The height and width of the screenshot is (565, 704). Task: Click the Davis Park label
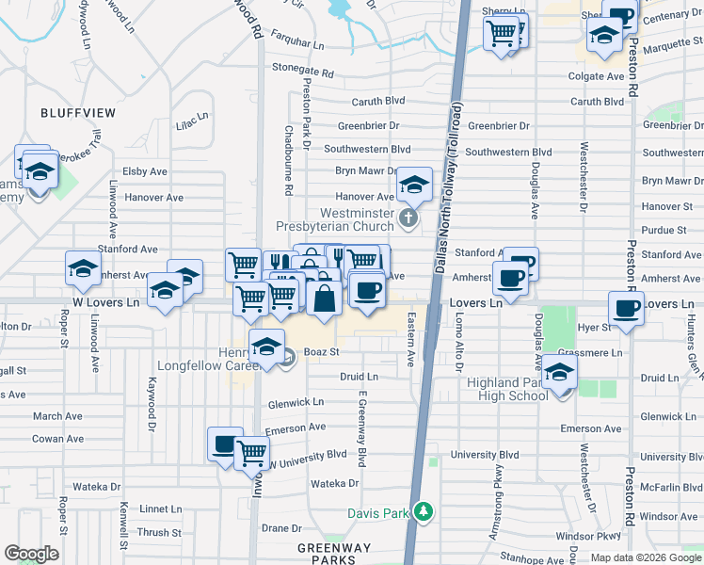click(380, 513)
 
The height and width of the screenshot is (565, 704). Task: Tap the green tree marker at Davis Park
click(424, 512)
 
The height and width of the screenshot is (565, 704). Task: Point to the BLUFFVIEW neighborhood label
click(78, 113)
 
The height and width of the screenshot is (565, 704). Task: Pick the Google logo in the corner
click(31, 554)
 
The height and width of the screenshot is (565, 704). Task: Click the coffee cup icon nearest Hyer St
click(626, 308)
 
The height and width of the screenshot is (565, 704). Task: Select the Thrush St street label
click(159, 532)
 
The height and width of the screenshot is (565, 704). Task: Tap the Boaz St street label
click(320, 351)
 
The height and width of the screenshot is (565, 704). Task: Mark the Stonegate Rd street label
click(302, 71)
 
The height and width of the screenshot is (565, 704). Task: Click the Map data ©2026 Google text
click(646, 557)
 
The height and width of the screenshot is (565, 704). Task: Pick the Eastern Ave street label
click(410, 341)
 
